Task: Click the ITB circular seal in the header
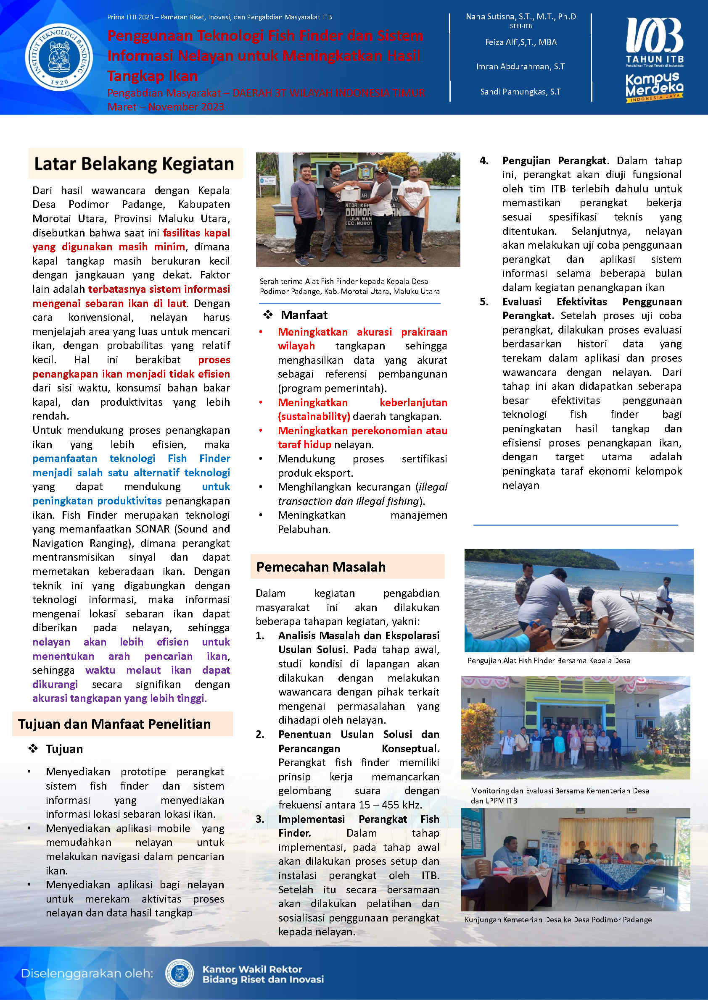(x=59, y=57)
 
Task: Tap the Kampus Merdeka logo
(x=654, y=87)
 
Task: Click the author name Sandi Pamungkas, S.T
(x=520, y=92)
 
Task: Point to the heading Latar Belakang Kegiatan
(x=134, y=164)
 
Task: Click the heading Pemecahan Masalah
(x=321, y=567)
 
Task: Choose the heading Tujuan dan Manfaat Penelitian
(x=114, y=724)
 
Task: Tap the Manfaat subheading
(x=304, y=315)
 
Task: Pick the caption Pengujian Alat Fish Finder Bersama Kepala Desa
(x=548, y=660)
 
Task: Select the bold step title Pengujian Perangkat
(x=554, y=161)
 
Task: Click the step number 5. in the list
(x=484, y=302)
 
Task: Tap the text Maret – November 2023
(x=166, y=107)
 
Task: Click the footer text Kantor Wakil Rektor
(x=252, y=969)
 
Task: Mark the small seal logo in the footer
(x=179, y=973)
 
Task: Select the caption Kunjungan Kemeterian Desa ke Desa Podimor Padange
(x=558, y=919)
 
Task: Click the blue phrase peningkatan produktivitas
(x=97, y=501)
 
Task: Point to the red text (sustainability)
(x=314, y=416)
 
